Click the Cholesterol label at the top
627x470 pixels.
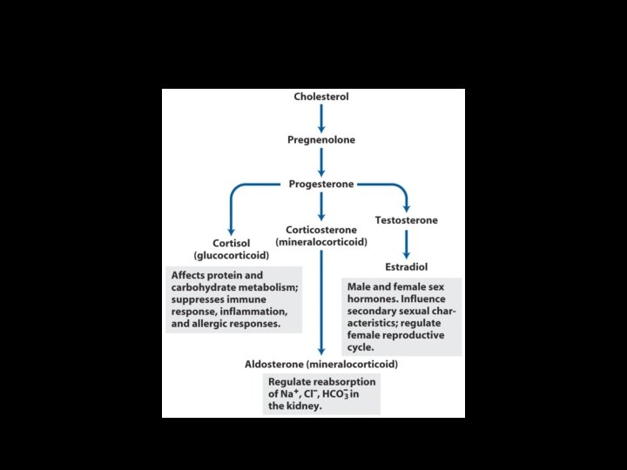point(321,97)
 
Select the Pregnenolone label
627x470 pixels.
point(321,139)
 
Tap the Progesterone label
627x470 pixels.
point(321,184)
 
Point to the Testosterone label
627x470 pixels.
point(406,220)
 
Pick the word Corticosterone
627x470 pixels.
point(321,229)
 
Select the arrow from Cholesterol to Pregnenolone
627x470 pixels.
point(321,117)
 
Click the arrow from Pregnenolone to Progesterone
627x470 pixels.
point(321,162)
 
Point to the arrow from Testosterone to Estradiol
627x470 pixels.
point(406,243)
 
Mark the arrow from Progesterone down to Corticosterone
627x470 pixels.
point(321,206)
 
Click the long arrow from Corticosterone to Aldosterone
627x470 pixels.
point(321,300)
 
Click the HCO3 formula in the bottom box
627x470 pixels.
point(350,393)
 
